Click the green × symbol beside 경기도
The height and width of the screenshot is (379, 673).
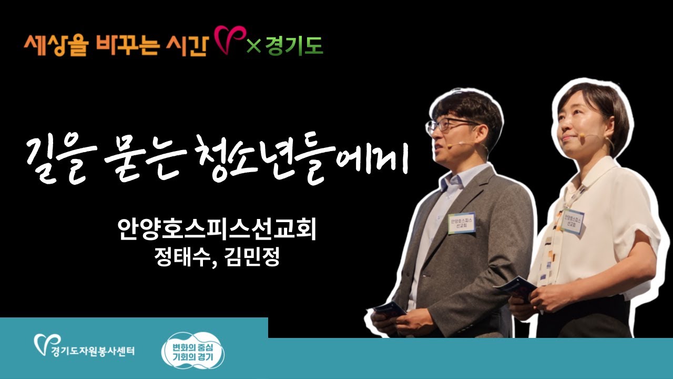coord(254,46)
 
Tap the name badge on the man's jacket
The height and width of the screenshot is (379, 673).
coord(461,222)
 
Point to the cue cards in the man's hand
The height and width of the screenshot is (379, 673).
coord(390,310)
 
